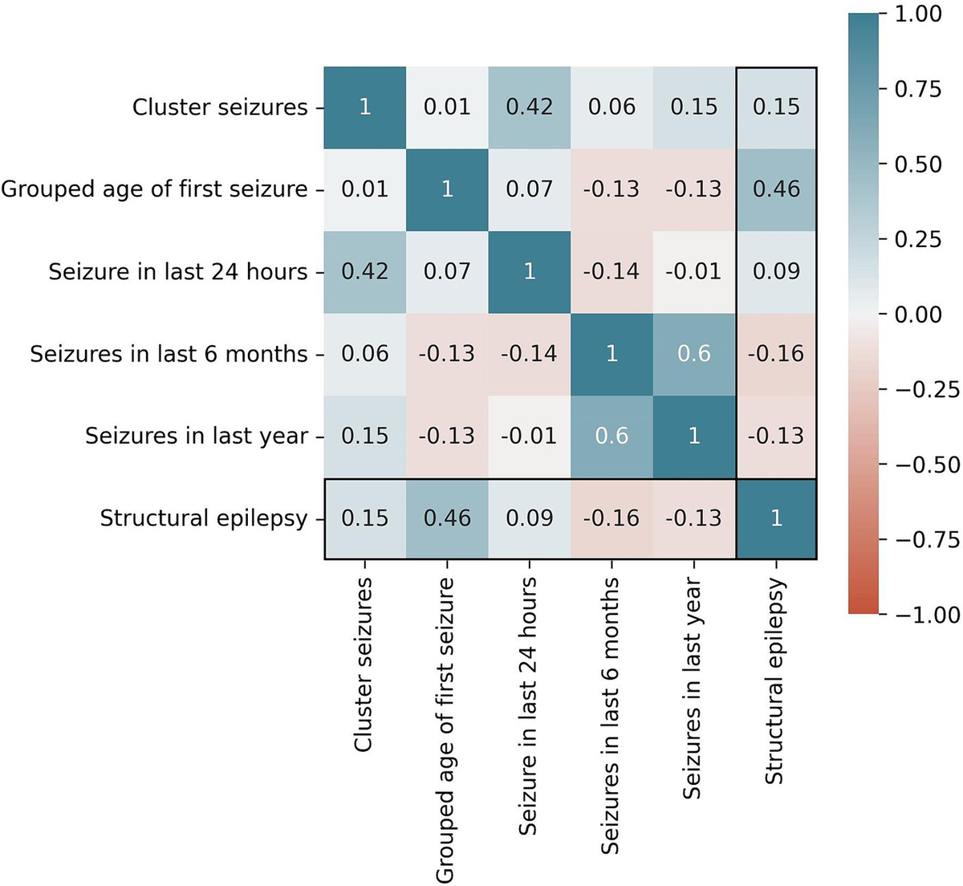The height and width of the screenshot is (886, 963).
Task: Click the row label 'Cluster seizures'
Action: (220, 107)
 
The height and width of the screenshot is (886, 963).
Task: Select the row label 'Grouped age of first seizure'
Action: (154, 189)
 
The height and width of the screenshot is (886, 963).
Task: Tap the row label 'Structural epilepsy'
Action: (204, 518)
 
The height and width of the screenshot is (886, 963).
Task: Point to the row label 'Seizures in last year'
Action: (197, 436)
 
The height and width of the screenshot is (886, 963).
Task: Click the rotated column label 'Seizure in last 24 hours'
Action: (527, 706)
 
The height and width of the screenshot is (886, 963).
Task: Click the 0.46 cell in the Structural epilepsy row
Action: (447, 518)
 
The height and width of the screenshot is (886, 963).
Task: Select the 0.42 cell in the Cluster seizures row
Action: (530, 107)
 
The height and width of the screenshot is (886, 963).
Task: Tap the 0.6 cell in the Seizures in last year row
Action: (612, 436)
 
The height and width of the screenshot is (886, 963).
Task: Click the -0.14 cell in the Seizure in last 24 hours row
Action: (612, 271)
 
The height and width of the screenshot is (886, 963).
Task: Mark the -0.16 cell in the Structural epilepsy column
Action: (776, 354)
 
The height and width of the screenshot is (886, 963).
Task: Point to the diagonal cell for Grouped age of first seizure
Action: (447, 189)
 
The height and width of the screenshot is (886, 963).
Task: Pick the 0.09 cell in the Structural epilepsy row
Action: (530, 518)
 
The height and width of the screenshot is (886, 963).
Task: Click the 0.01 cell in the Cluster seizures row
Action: (447, 107)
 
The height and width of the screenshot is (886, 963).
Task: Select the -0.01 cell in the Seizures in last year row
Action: (530, 436)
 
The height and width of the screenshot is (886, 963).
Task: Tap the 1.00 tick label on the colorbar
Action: (920, 14)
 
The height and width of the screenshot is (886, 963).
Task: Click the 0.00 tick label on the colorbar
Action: (920, 315)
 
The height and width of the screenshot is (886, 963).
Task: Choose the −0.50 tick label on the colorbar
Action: (927, 465)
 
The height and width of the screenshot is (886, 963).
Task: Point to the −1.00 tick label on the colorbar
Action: (927, 615)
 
